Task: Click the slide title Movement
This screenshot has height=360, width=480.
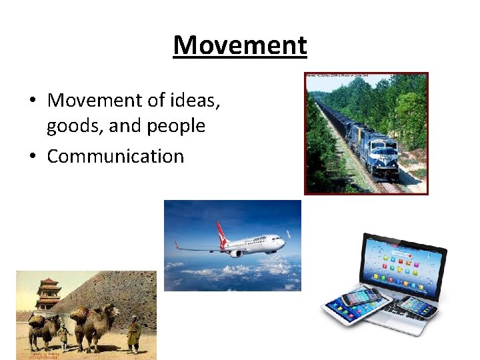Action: coord(240,45)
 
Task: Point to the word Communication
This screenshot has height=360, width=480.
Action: coord(115,156)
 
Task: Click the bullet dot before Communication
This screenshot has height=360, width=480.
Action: coord(33,157)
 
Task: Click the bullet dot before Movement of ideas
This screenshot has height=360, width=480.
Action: coord(33,101)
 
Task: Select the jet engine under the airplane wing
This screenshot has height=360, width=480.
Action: coord(236,253)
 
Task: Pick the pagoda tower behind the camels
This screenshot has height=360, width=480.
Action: coord(48,293)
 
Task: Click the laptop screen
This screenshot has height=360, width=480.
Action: coord(401,264)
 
